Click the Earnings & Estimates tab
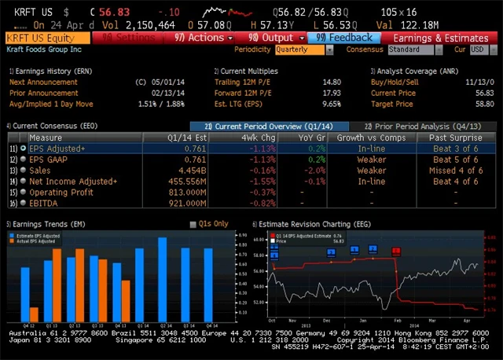tap(440, 38)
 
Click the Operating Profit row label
tap(62, 192)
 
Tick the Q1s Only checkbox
tap(193, 224)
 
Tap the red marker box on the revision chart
tap(396, 252)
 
